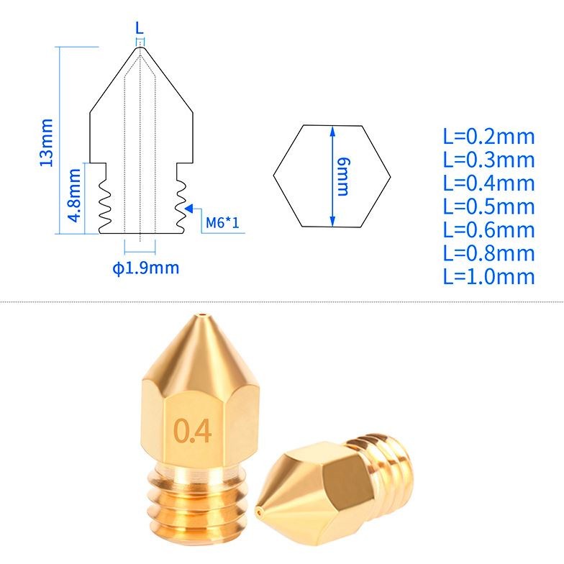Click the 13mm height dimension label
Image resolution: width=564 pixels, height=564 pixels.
(46, 142)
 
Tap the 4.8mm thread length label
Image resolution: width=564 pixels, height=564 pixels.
(75, 195)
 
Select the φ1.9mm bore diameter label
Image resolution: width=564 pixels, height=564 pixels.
(145, 268)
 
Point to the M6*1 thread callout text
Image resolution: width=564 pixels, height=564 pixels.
(222, 223)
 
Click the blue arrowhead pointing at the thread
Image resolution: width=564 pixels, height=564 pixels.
(188, 209)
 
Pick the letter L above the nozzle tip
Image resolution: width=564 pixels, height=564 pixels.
(140, 27)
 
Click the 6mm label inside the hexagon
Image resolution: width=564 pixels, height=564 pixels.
(343, 176)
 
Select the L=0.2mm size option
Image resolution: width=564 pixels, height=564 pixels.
(489, 137)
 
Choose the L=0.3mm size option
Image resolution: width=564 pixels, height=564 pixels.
(489, 160)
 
